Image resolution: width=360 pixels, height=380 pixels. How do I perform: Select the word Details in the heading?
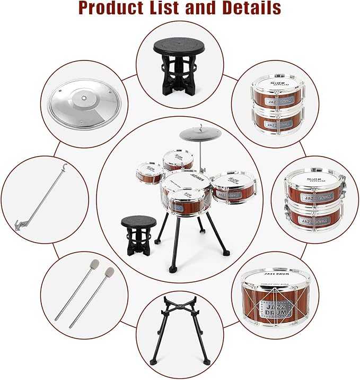click(248, 8)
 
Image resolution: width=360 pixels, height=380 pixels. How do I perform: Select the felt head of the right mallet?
click(109, 273)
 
